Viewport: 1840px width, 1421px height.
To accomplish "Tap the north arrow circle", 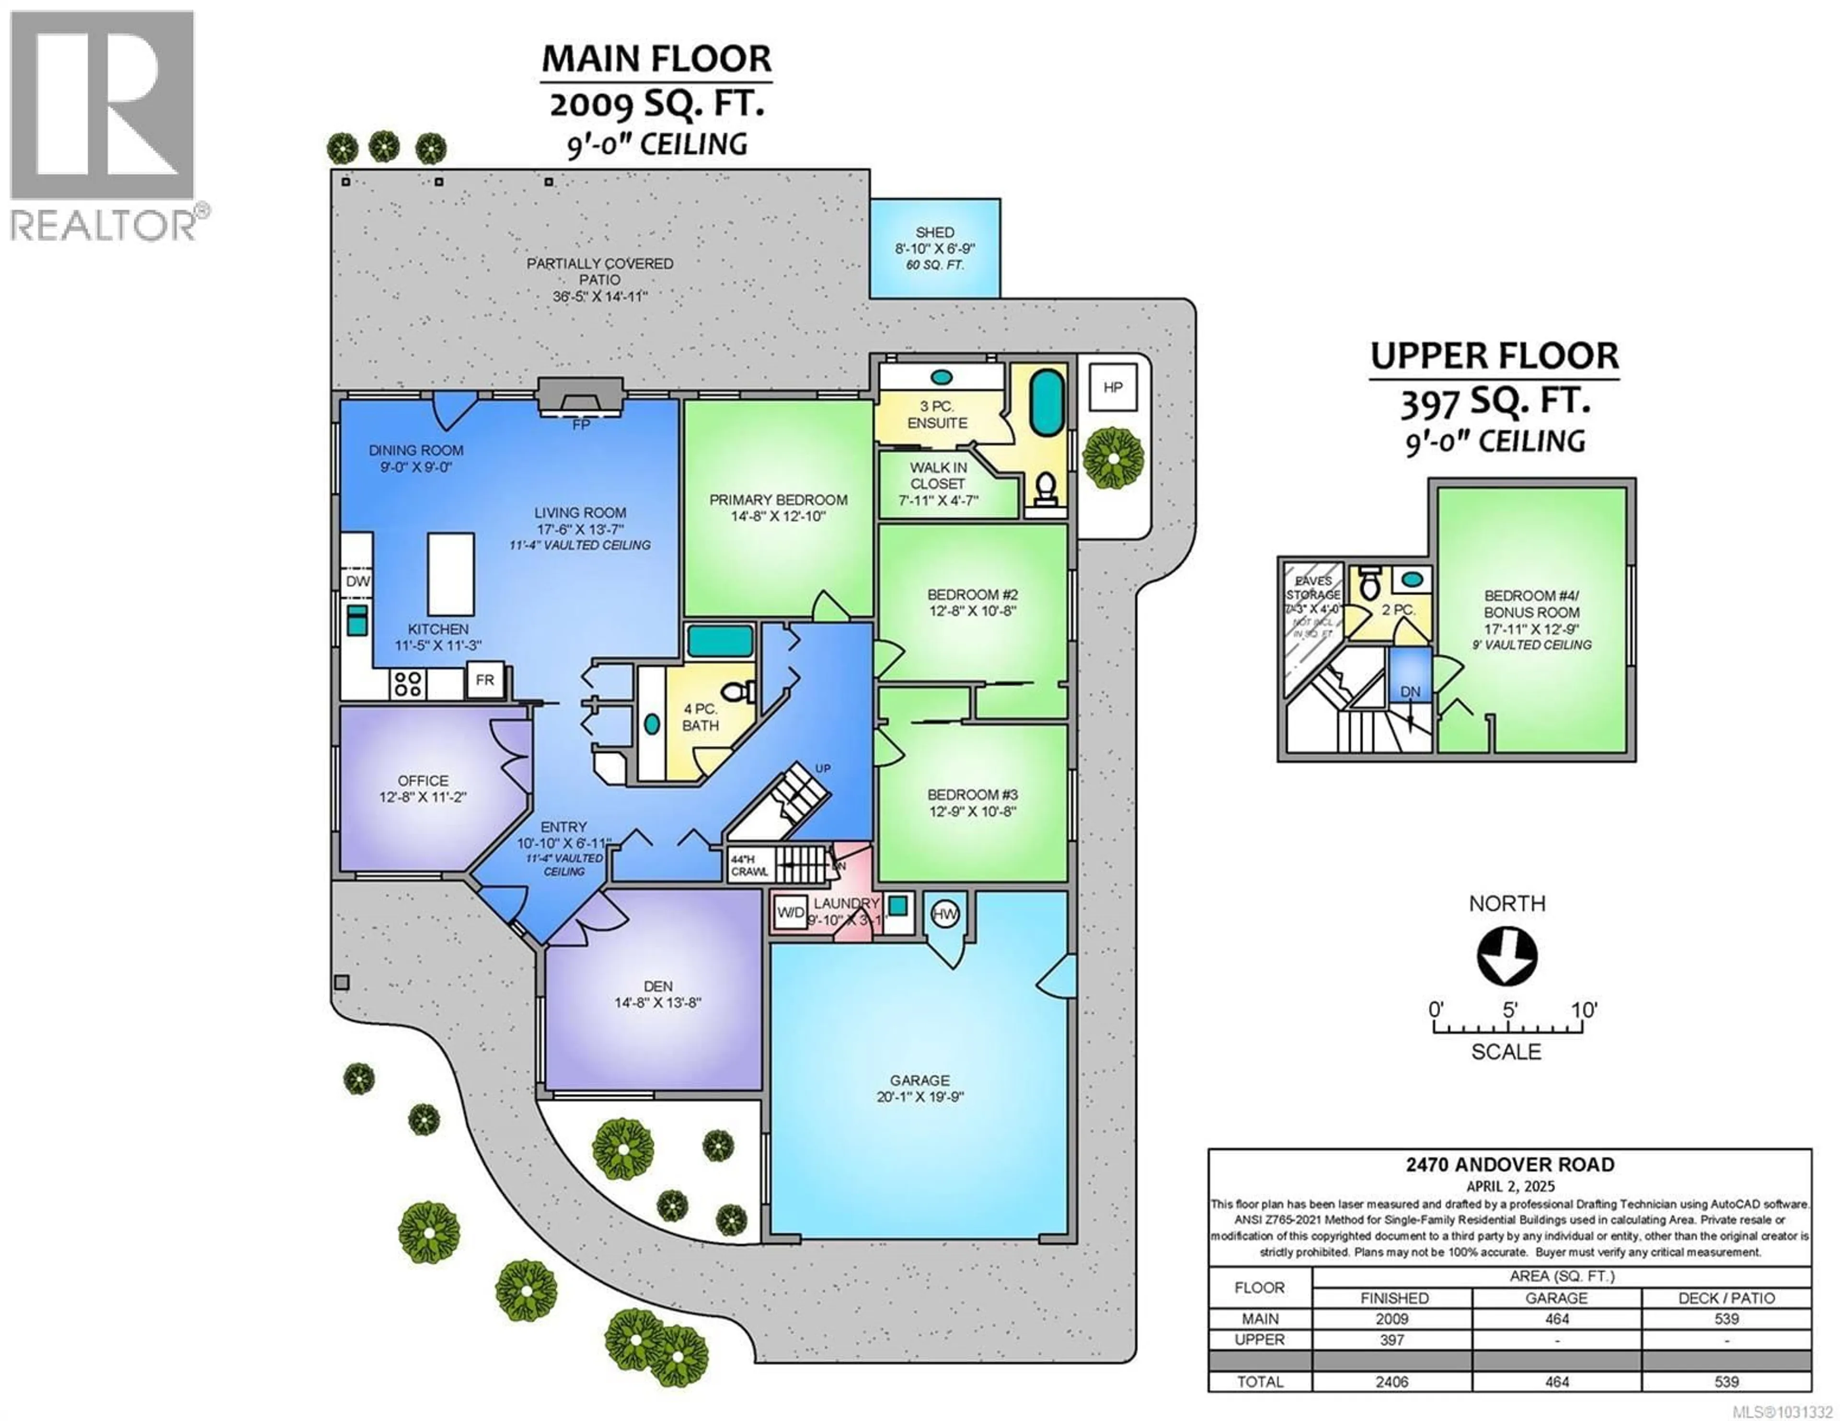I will [x=1506, y=956].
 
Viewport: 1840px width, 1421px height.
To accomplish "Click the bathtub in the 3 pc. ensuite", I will [x=1047, y=404].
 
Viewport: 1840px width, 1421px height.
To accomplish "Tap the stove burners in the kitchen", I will [x=408, y=683].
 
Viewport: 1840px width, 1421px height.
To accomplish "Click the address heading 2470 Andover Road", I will [x=1510, y=1165].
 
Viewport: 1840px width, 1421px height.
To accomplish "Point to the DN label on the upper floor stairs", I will [x=1410, y=692].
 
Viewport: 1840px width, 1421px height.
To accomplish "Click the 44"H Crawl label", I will [x=749, y=865].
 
